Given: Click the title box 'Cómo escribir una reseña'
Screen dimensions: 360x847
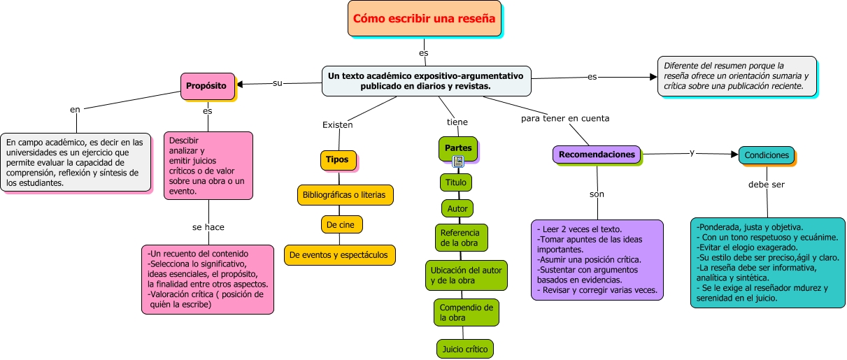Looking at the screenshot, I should tap(425, 19).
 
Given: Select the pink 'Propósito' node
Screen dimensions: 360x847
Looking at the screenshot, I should tap(206, 86).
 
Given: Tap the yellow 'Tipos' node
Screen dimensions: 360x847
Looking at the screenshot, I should tap(338, 159).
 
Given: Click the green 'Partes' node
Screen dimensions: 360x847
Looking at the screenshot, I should tap(457, 148).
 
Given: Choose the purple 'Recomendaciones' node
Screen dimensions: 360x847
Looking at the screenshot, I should tap(597, 154).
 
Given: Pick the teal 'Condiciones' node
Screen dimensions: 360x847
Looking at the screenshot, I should tap(767, 155).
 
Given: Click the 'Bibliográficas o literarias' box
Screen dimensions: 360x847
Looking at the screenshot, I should tap(346, 194).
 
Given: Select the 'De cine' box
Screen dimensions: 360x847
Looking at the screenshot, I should tap(341, 224).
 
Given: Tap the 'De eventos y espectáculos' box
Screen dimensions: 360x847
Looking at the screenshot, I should tap(340, 255).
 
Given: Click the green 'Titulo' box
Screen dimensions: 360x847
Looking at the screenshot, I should tap(456, 182).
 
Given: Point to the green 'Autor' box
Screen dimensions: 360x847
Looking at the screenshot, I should tap(457, 208).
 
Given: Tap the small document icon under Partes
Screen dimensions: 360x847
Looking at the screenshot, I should tap(457, 161).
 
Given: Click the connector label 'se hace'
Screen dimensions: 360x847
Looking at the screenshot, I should tap(208, 227).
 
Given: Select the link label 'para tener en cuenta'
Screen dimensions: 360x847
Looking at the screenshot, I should tap(565, 118).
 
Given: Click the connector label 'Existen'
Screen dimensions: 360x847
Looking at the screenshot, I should tap(337, 125).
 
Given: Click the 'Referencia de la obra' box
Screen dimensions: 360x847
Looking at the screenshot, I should tap(461, 238).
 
